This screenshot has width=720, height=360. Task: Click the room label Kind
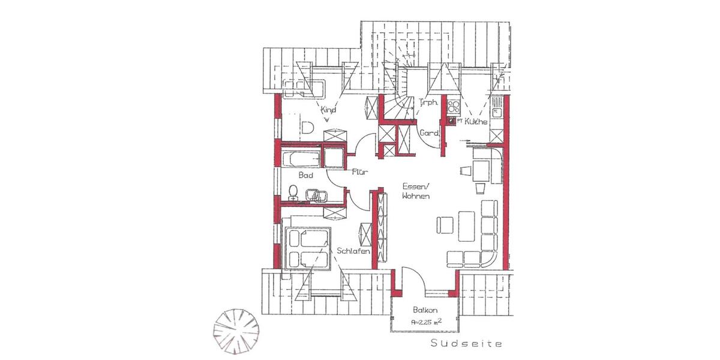329,110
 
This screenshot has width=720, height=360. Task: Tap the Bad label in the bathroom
306,175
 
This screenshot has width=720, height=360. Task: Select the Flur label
359,172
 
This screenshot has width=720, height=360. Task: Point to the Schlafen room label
353,251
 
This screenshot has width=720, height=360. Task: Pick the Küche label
475,122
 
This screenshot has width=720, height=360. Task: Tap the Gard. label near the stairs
430,133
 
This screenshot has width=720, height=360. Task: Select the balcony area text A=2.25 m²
427,322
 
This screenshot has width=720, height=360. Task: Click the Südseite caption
466,344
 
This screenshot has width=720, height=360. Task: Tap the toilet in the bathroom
293,191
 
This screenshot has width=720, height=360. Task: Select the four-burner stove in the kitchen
453,108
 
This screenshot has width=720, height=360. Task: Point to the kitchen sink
496,109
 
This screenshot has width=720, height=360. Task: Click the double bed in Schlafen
308,248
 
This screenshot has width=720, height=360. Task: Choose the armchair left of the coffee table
445,224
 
